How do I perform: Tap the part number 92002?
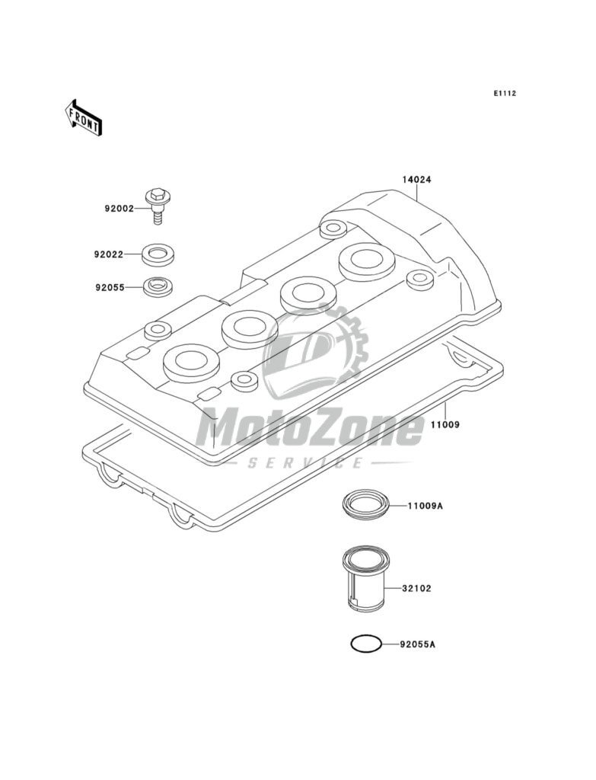(x=120, y=207)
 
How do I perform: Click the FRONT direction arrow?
(x=82, y=117)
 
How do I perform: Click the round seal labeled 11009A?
(x=363, y=505)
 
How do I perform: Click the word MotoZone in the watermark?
(x=308, y=430)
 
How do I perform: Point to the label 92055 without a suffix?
(x=111, y=288)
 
